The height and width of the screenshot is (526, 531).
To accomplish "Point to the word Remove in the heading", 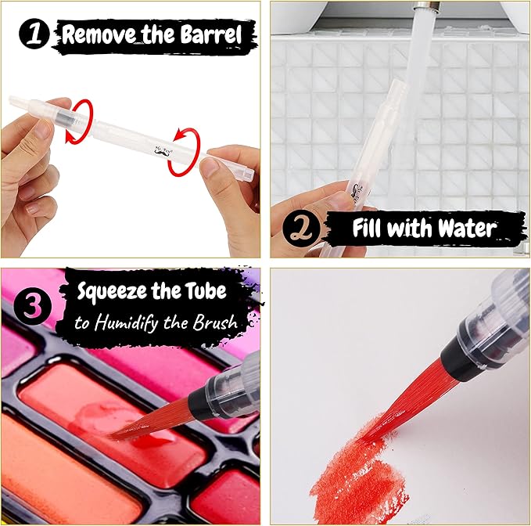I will [x=97, y=35].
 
